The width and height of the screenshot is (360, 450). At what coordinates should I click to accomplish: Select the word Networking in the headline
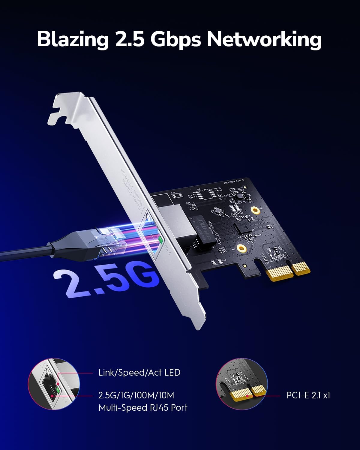[x=264, y=40]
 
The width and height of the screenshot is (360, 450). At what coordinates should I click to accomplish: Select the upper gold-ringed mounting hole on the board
[x=255, y=211]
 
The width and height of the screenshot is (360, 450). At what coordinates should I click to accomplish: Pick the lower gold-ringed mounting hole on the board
[x=240, y=248]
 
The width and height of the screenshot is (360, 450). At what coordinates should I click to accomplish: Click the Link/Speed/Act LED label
[x=139, y=373]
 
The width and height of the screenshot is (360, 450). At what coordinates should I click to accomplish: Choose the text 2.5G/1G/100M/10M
[x=136, y=395]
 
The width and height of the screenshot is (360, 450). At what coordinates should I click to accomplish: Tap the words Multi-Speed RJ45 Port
[x=143, y=408]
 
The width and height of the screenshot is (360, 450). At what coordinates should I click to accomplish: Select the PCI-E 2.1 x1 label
[x=308, y=395]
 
